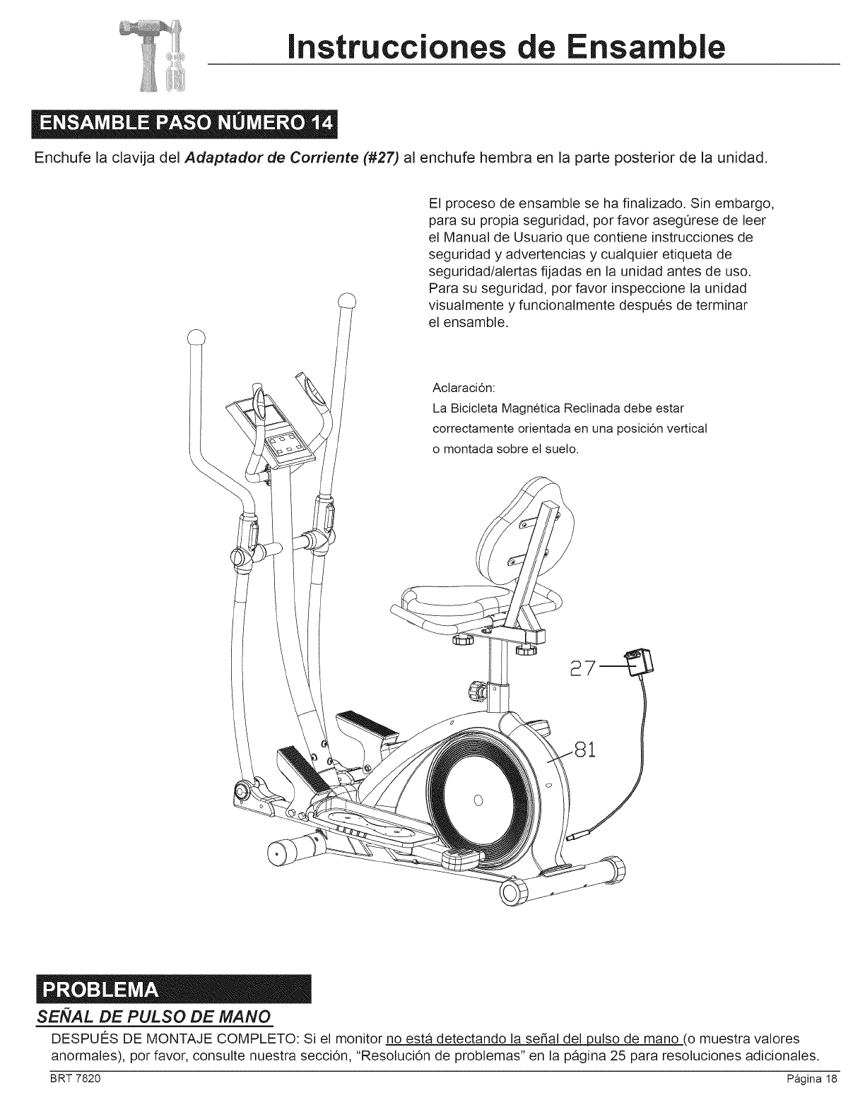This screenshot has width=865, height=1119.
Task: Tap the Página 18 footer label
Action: coord(805,1099)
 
